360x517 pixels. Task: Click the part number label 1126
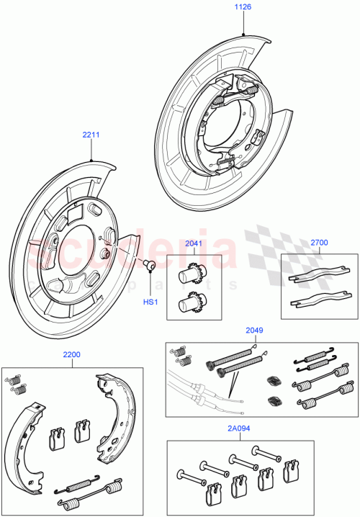point(243,9)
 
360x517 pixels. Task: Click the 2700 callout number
point(319,243)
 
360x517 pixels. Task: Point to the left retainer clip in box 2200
point(55,436)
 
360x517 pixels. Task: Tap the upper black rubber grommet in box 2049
point(274,382)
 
